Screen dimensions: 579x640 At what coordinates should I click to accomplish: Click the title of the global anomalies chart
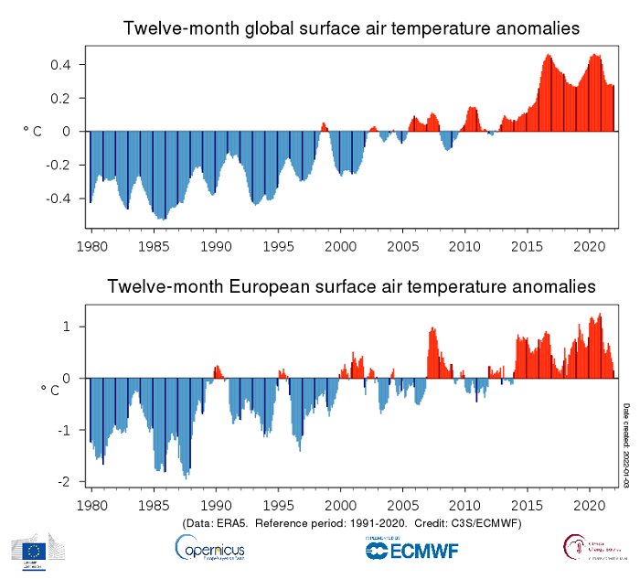coord(351,28)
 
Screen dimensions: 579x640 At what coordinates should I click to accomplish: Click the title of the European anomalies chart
coord(351,287)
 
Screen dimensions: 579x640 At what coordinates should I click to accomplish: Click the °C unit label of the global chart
coord(32,132)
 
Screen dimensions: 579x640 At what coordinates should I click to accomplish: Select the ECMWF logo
coord(411,549)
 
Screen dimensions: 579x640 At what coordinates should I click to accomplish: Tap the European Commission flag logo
coord(35,549)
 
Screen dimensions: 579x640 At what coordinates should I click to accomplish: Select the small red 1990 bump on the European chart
coord(218,371)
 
